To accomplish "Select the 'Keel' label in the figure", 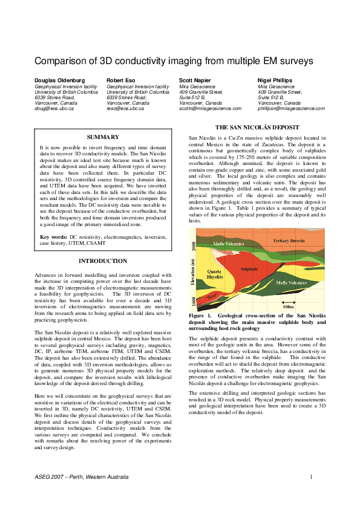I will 212,297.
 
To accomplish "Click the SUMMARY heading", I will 103,137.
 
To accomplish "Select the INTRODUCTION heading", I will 103,261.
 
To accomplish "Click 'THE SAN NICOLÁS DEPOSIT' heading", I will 257,128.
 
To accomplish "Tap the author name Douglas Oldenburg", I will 60,80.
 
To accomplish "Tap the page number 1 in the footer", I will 310,478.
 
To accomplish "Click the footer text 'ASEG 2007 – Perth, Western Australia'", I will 81,478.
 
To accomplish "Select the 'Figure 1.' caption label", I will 201,316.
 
